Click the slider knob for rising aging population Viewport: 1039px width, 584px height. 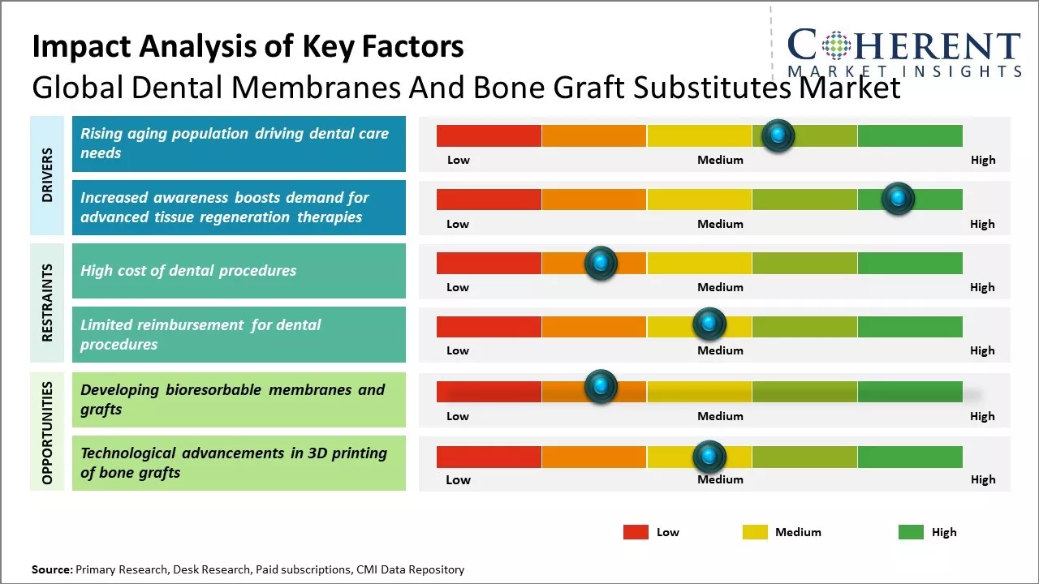pos(778,135)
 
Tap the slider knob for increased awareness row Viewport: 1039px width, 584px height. pos(898,199)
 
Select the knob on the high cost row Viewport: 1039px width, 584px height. pos(601,263)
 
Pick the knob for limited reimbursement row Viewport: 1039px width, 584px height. pos(709,324)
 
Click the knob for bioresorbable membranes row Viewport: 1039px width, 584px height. pos(601,387)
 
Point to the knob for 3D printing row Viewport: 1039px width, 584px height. pos(709,457)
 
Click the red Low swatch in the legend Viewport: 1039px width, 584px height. pos(636,532)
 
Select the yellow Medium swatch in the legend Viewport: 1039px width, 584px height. pos(755,532)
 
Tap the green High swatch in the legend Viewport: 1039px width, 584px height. pos(911,532)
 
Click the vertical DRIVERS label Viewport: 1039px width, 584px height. pos(47,174)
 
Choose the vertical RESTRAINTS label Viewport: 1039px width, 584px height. pos(47,302)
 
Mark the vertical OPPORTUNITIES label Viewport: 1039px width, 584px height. pos(47,433)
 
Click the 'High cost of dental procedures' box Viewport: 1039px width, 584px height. pos(239,271)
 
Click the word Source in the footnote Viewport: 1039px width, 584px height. pos(51,569)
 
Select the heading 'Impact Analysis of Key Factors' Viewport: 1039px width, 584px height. pos(248,46)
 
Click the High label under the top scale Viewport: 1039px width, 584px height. pos(983,160)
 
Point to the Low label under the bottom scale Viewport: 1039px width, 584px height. pos(458,479)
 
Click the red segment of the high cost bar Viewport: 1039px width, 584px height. pos(489,263)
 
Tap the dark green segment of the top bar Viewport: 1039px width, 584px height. pos(909,135)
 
